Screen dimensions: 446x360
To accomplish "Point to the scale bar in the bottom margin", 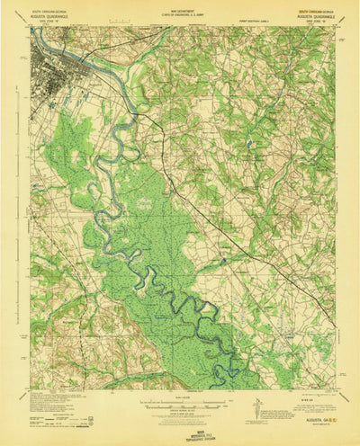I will click(x=180, y=401).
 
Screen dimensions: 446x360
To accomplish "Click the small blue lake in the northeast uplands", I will click(x=247, y=143).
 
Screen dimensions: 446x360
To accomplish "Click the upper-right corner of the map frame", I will click(x=334, y=25).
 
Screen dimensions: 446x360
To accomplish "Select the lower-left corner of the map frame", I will click(x=29, y=389).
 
